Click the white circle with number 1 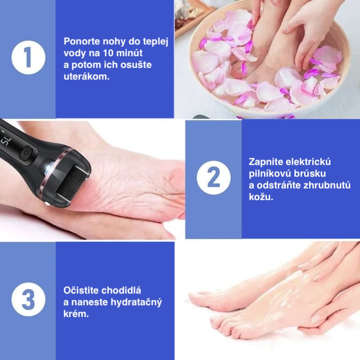[x=28, y=58]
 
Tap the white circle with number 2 [x=214, y=178]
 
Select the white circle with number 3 [x=28, y=299]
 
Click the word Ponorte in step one [x=82, y=41]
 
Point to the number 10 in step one [x=108, y=53]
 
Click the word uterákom [x=86, y=76]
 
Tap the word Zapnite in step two [x=263, y=162]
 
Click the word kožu [x=261, y=197]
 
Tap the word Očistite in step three [x=81, y=290]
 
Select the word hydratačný [x=136, y=302]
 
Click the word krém [x=76, y=314]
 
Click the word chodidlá [x=121, y=290]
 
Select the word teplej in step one [x=156, y=42]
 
